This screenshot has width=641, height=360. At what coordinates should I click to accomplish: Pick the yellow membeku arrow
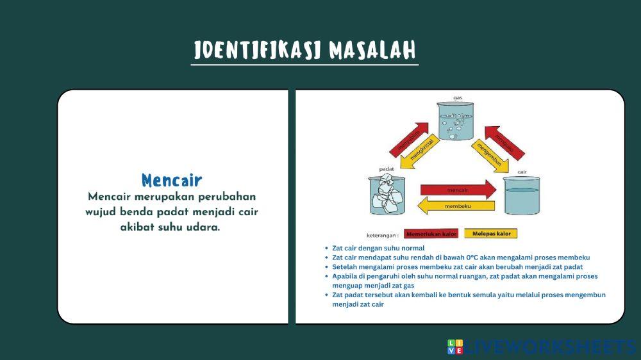click(x=456, y=206)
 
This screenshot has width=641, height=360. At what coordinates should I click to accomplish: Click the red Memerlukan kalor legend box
click(x=431, y=234)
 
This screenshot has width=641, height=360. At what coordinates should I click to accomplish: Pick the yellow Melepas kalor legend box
click(x=490, y=234)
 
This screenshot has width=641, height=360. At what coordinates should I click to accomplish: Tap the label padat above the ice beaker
click(x=386, y=169)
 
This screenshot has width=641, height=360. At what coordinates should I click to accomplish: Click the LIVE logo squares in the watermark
click(x=454, y=347)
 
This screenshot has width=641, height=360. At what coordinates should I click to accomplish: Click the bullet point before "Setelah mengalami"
click(x=327, y=266)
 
